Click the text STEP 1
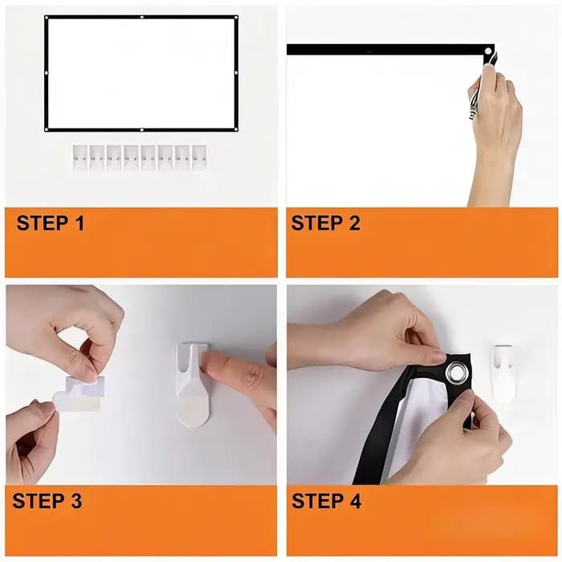point(51,223)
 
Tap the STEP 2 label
point(325,223)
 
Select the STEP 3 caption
point(47,501)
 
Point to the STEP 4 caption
point(326,501)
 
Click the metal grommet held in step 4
point(456,373)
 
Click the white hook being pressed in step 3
point(193,385)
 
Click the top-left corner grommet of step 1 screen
point(47,17)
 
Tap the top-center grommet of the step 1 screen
point(142,17)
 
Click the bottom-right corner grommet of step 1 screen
point(236,130)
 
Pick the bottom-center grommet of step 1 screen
point(142,130)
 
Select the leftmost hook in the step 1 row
point(80,157)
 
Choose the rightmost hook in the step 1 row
point(200,157)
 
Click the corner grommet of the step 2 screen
point(488,51)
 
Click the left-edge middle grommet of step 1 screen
point(47,73)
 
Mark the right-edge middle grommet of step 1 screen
point(236,73)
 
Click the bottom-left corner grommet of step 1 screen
point(47,130)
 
